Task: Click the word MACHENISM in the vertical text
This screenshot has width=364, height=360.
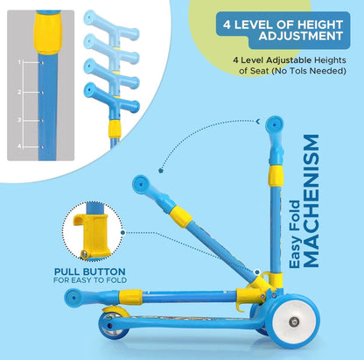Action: (311, 201)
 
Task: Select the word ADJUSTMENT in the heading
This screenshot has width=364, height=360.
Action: (301, 36)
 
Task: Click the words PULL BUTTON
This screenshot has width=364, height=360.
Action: (90, 272)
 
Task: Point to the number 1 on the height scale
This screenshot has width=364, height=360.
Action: (19, 62)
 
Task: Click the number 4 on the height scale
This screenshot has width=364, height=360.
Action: (19, 146)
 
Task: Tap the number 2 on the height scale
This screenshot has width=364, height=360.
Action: (19, 92)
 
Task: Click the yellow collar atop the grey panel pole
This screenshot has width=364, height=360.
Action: (47, 32)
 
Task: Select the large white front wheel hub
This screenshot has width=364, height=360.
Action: (293, 321)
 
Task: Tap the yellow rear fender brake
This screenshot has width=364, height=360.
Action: (115, 311)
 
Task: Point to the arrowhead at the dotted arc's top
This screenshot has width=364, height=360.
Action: (258, 122)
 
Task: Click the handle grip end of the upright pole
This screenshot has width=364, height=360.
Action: (274, 124)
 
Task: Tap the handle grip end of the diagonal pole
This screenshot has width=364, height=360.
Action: (141, 185)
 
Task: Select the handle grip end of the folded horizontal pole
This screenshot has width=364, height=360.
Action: (73, 298)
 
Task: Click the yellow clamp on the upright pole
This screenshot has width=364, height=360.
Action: (276, 176)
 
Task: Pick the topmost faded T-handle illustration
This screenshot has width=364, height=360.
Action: (111, 25)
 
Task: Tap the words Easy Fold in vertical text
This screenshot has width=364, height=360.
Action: (295, 234)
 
